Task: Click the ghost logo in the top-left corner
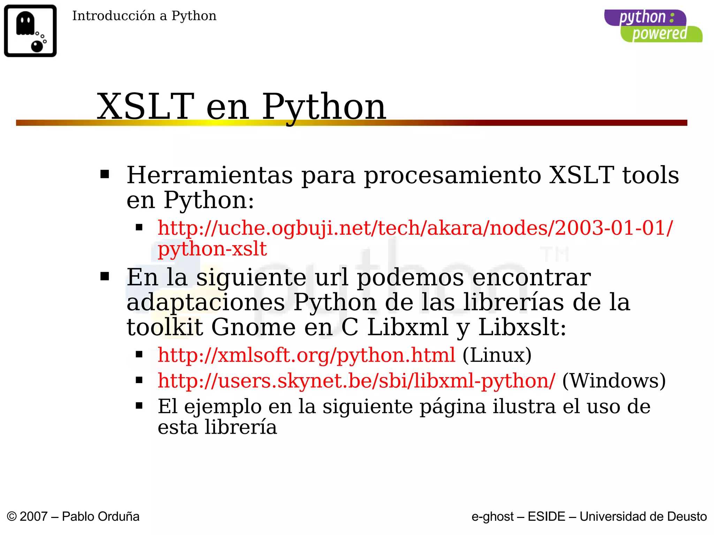(30, 31)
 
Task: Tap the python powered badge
(653, 26)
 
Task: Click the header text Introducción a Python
(144, 16)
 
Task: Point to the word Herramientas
(210, 175)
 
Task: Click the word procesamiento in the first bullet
(452, 175)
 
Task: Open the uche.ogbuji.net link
(415, 228)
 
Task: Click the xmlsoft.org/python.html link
(306, 355)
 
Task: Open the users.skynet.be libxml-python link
(356, 381)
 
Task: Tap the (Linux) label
(497, 355)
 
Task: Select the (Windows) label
(614, 381)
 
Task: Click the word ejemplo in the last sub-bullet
(223, 407)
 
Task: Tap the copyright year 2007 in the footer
(33, 517)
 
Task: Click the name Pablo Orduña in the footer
(100, 517)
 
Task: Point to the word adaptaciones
(206, 302)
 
